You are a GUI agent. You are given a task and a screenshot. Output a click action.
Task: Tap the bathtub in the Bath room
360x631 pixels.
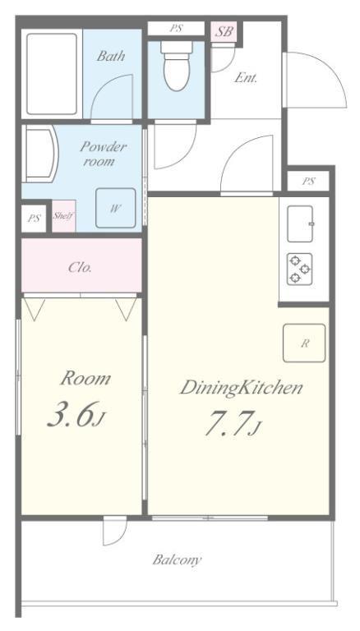(52, 74)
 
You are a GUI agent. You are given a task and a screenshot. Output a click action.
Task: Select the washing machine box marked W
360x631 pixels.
(116, 208)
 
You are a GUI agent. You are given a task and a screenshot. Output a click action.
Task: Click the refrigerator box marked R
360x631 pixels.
(304, 343)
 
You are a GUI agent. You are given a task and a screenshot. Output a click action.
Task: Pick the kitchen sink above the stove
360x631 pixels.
(300, 223)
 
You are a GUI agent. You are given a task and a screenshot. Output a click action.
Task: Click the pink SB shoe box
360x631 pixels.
(224, 31)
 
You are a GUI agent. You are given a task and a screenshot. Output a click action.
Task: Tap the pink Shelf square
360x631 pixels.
(63, 216)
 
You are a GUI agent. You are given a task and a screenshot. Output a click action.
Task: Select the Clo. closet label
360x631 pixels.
(80, 268)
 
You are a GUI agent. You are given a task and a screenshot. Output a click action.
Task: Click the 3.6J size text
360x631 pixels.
(76, 414)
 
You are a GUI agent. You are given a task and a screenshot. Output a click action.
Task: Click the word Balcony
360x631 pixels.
(177, 560)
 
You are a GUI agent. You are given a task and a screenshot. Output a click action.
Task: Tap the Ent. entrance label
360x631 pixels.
(245, 78)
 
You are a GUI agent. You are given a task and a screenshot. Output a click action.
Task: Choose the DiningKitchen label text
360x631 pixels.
(241, 389)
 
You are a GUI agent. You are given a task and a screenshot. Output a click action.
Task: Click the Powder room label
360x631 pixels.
(103, 154)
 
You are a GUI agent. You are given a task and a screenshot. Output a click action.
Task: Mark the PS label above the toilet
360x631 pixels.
(176, 29)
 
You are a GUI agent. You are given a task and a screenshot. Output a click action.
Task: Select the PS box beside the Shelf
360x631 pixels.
(34, 219)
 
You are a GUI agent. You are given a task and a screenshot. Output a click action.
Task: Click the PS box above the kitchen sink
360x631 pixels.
(308, 181)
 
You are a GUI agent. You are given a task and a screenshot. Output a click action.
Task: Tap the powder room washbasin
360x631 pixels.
(40, 154)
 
